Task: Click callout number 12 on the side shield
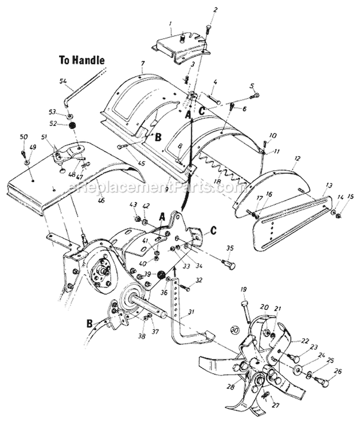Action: [297, 159]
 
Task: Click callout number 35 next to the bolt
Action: [229, 248]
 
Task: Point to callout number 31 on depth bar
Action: [191, 312]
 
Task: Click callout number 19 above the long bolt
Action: [243, 290]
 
